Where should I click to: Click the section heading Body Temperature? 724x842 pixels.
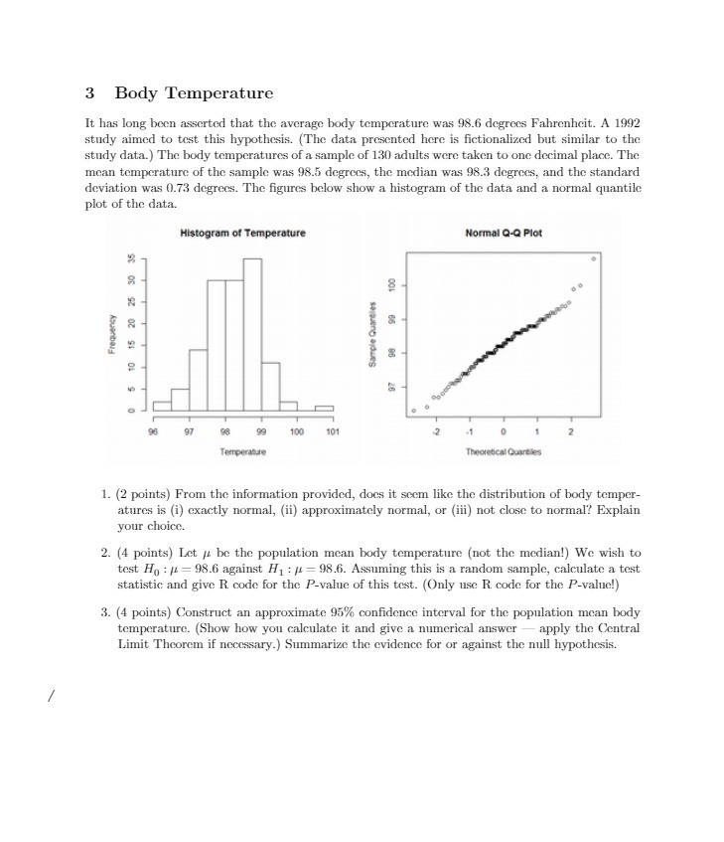(x=193, y=93)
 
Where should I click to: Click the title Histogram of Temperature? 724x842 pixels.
(x=242, y=233)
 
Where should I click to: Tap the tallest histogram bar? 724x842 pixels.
(x=252, y=333)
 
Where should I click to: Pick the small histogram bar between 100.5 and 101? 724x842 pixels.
(x=325, y=408)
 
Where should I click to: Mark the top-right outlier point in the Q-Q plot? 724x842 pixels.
(x=594, y=258)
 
